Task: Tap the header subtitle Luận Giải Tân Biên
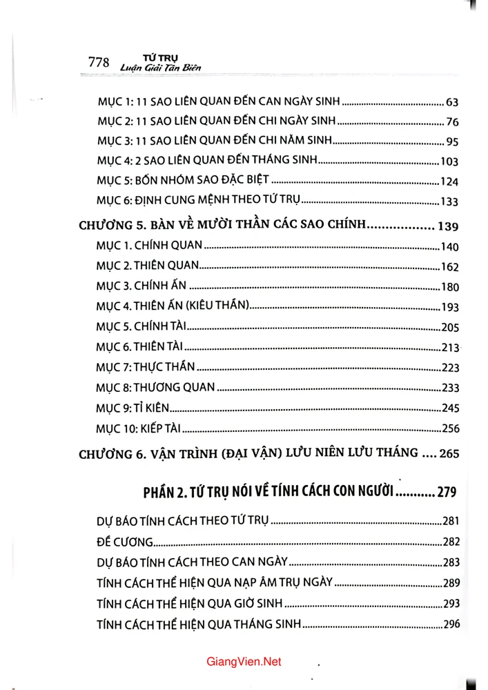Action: [x=161, y=68]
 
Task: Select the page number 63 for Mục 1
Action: [x=452, y=103]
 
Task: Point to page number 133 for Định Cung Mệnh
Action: [x=449, y=202]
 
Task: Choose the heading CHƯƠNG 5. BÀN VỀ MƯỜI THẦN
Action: [x=221, y=225]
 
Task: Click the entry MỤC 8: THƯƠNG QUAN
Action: [x=156, y=387]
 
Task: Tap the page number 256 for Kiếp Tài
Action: [x=450, y=428]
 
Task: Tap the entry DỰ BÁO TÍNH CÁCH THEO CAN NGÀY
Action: [x=193, y=562]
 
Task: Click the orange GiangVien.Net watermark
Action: [x=244, y=662]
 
